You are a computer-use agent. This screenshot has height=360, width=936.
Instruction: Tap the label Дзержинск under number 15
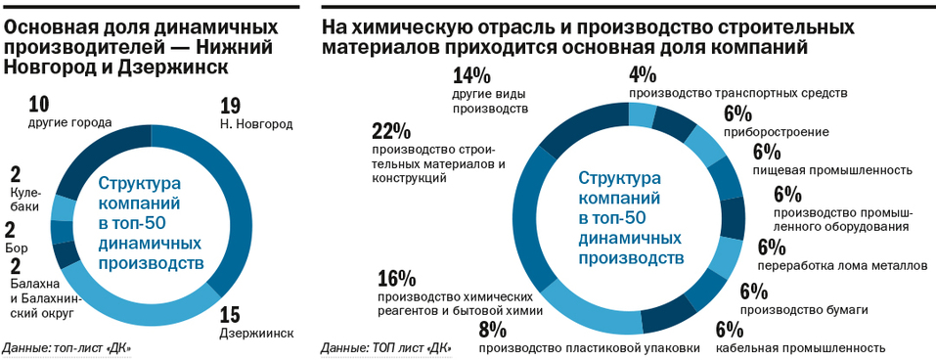pos(256,333)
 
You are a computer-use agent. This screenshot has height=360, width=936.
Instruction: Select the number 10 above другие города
pos(40,105)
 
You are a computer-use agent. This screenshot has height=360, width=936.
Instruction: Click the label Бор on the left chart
pos(17,248)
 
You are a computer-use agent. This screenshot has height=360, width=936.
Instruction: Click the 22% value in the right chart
pos(391,131)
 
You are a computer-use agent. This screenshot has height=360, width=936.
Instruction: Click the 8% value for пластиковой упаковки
pos(492,329)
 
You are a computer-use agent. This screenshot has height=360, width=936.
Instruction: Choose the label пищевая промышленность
pos(831,169)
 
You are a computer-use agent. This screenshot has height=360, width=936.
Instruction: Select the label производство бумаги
pos(804,309)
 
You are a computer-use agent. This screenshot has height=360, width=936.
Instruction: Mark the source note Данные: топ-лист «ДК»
pos(67,347)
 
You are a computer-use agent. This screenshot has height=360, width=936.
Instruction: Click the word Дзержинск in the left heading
pos(175,67)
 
